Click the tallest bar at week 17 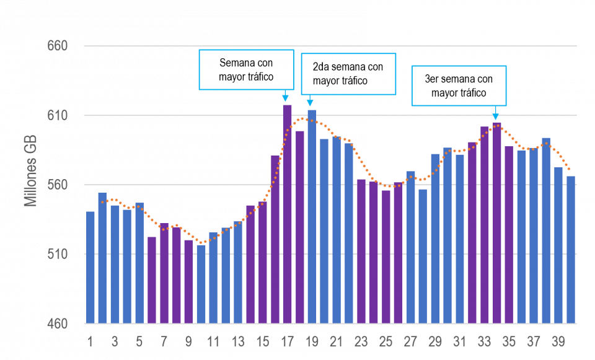click(287, 214)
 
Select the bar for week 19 click(312, 216)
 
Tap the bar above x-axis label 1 click(90, 267)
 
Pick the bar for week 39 click(558, 245)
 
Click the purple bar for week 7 click(164, 273)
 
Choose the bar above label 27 click(410, 247)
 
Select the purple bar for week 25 click(386, 257)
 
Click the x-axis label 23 click(361, 342)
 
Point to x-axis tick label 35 click(509, 342)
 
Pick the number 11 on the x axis click(213, 342)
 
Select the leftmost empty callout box click(246, 69)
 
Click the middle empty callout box click(348, 74)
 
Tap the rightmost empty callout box click(459, 86)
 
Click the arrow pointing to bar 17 click(285, 96)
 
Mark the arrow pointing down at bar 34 click(495, 113)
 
